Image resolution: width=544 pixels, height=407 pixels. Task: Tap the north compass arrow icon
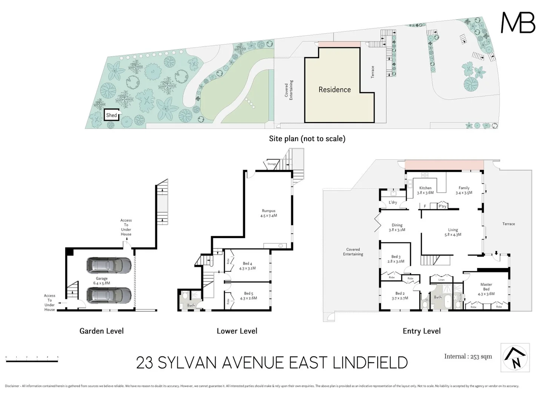515,357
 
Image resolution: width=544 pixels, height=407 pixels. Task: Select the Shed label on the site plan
111,115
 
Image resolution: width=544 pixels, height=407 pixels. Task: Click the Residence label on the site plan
334,90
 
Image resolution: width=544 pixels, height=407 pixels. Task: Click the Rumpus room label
269,213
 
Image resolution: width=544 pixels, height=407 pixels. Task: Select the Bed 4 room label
247,266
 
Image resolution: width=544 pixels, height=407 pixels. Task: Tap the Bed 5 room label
248,295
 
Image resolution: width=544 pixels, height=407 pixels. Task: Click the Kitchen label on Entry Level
425,190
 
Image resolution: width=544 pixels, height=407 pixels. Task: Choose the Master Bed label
486,289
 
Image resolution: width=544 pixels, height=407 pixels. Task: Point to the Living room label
453,232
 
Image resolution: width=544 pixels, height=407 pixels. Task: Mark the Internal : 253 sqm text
468,357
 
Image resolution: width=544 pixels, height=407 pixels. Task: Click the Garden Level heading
101,331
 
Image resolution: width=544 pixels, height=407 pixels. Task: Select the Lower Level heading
237,331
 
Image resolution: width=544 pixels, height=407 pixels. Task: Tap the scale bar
32,361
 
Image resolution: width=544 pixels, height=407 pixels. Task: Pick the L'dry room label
393,202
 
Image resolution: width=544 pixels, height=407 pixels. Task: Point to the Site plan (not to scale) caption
307,139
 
